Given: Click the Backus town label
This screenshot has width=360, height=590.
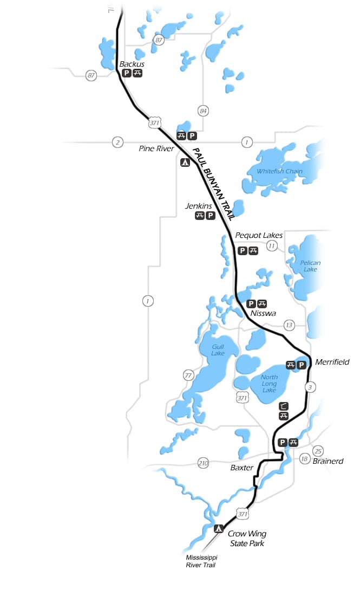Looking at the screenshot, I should pyautogui.click(x=132, y=64).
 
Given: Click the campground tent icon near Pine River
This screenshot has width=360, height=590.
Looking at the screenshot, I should pyautogui.click(x=185, y=161).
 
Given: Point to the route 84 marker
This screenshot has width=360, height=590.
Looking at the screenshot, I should pyautogui.click(x=203, y=111).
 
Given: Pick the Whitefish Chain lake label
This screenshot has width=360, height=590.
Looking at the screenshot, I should pyautogui.click(x=279, y=172).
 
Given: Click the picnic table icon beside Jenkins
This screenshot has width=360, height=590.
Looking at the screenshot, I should pyautogui.click(x=200, y=216).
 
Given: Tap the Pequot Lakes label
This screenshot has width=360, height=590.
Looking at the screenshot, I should pyautogui.click(x=259, y=235).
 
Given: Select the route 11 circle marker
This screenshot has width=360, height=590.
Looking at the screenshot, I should pyautogui.click(x=272, y=246).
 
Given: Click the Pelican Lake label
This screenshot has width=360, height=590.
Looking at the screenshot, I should pyautogui.click(x=310, y=266).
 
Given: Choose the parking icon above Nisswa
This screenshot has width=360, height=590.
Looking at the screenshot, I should pyautogui.click(x=251, y=304).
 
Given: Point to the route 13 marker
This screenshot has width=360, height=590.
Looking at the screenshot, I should pyautogui.click(x=289, y=325).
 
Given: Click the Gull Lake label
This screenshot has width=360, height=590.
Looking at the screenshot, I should pyautogui.click(x=218, y=350).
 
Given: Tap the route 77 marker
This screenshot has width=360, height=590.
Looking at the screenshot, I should pyautogui.click(x=188, y=375).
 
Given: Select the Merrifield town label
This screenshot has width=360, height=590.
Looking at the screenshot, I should pyautogui.click(x=332, y=362).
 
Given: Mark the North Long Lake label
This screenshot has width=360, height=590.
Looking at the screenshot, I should pyautogui.click(x=269, y=384).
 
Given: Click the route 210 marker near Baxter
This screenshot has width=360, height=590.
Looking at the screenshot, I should pyautogui.click(x=203, y=463).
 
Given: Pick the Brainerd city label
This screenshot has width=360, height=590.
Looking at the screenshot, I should pyautogui.click(x=328, y=462).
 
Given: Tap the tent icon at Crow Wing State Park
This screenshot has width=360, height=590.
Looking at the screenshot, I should pyautogui.click(x=219, y=528).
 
